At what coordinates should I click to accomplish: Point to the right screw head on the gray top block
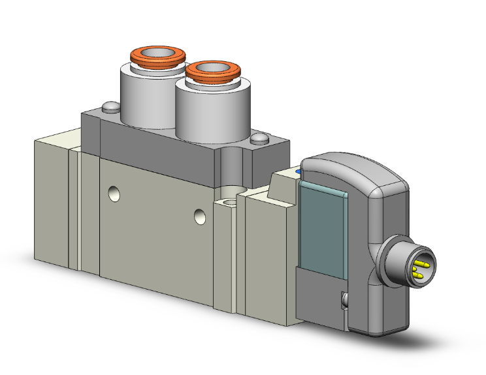(x=259, y=138)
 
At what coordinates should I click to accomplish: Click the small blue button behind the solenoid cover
(x=299, y=172)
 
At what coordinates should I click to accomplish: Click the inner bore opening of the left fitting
(x=156, y=53)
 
